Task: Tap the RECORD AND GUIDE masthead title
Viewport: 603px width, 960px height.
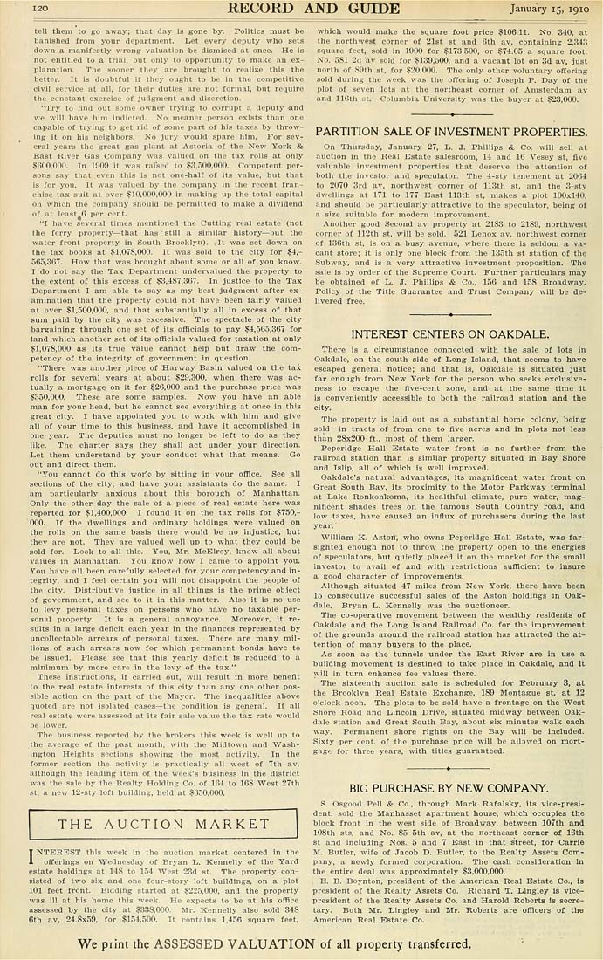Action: coord(299,9)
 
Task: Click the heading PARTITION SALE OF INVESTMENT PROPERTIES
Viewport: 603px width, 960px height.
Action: coord(450,131)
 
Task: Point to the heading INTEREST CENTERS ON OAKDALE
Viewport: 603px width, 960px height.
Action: coord(449,334)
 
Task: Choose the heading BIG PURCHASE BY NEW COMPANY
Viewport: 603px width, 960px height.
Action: coord(449,788)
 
